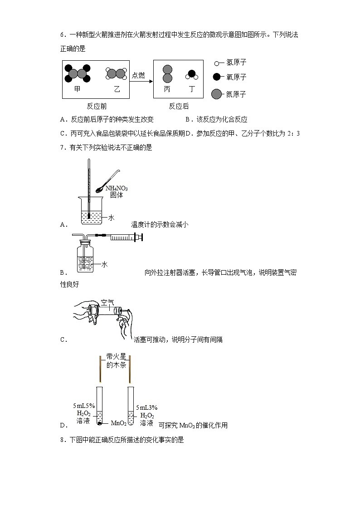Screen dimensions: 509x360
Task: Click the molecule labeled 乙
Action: click(116, 73)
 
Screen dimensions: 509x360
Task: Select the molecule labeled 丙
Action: click(167, 74)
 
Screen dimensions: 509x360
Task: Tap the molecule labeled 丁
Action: click(191, 74)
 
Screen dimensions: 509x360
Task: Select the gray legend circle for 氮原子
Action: click(217, 94)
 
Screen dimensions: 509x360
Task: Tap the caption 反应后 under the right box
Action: click(179, 107)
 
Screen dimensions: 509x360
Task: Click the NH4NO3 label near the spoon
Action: click(116, 189)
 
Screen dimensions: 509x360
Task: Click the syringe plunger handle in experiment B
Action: click(141, 237)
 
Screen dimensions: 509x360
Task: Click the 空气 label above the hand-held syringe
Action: click(107, 302)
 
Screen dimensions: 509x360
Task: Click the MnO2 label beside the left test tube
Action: click(118, 423)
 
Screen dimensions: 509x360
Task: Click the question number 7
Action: click(62, 147)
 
